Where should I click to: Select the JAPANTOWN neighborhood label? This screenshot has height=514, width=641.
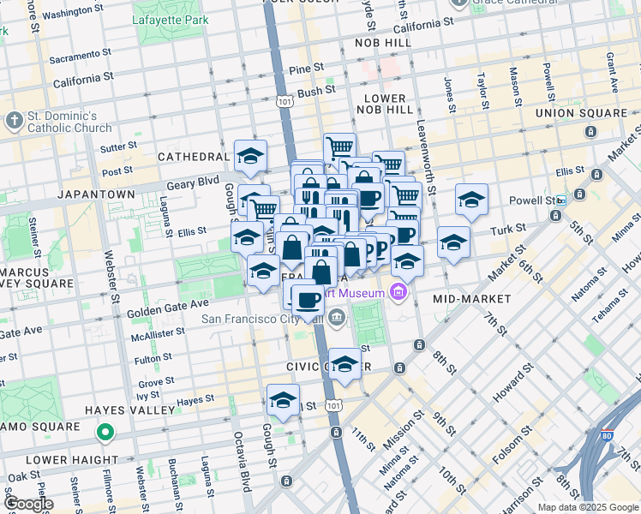[x=96, y=194]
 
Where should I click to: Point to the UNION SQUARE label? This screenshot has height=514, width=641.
[x=581, y=113]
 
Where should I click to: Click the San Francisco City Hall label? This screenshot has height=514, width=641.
[x=262, y=320]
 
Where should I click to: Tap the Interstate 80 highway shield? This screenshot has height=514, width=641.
[x=608, y=435]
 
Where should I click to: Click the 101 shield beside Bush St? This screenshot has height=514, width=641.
[x=285, y=101]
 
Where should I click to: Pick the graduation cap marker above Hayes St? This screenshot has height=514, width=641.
[x=283, y=399]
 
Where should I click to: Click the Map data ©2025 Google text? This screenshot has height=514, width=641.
[x=587, y=507]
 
